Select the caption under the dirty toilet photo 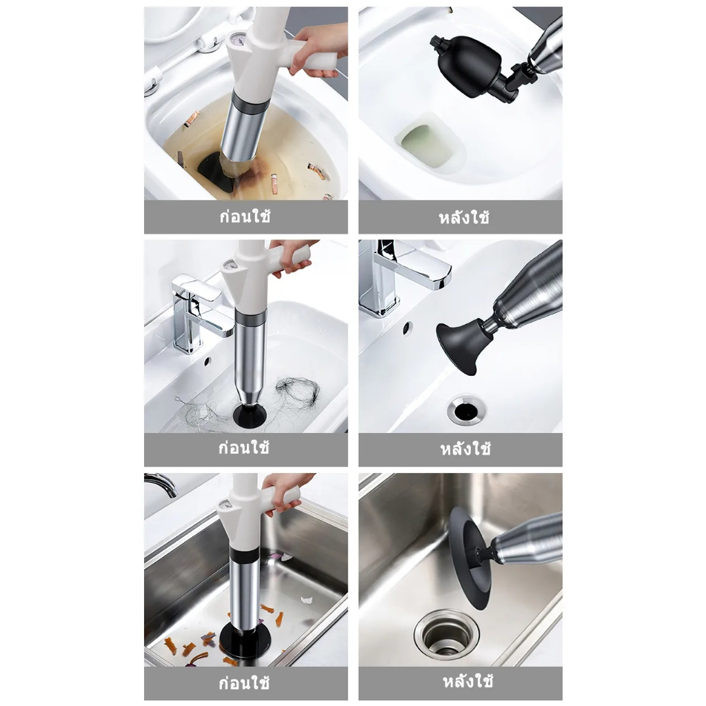[245, 216]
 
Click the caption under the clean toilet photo [464, 217]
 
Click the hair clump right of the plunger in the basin [298, 392]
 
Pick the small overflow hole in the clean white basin [407, 328]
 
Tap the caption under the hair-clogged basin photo [244, 448]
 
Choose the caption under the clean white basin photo [465, 449]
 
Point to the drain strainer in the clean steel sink [445, 634]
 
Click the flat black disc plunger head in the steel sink [469, 557]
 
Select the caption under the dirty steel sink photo [244, 683]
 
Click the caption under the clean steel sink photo [468, 681]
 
